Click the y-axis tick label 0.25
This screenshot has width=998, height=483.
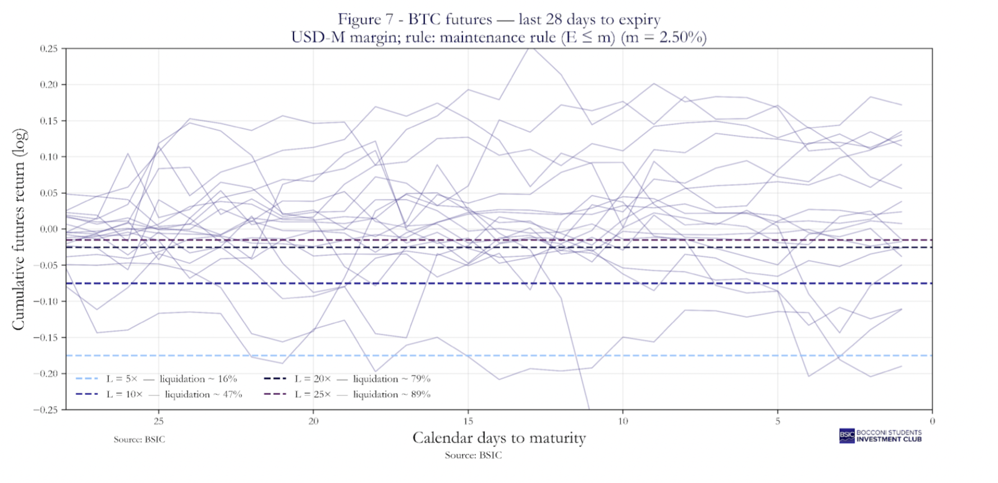click(48, 49)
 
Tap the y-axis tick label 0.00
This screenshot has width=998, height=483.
click(48, 229)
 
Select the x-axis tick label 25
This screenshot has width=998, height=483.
click(158, 421)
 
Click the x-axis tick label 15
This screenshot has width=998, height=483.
click(468, 421)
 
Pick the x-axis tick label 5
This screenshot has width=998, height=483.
click(777, 421)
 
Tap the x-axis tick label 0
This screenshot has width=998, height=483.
click(932, 421)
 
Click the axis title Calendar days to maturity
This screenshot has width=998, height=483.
click(499, 438)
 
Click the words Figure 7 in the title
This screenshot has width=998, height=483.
click(359, 20)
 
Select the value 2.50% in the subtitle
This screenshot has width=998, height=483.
click(681, 38)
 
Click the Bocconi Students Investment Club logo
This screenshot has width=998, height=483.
click(880, 436)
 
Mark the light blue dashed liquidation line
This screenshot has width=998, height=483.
click(505, 356)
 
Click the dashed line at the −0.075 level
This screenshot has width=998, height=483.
click(505, 283)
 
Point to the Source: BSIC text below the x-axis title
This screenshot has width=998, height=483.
click(473, 455)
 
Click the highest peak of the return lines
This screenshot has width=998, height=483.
click(532, 49)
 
